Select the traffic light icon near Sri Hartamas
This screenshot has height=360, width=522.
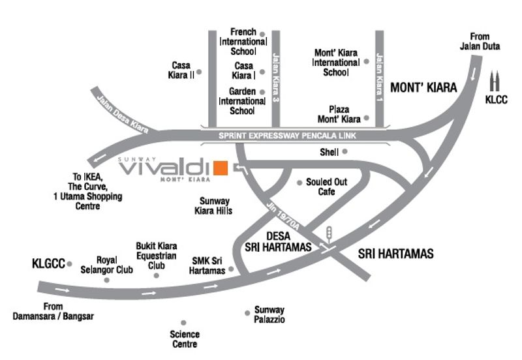point(330,233)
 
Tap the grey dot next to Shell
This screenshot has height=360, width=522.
point(345,152)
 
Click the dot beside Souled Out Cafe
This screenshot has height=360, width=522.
point(299,182)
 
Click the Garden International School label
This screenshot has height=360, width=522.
point(241,101)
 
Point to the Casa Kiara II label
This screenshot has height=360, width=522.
point(183,70)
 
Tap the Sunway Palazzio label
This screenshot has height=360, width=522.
point(269,315)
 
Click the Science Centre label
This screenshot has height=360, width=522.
point(184,339)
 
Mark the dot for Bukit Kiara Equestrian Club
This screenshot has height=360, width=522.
point(156,275)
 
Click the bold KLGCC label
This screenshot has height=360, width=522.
point(49,264)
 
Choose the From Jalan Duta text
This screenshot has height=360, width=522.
point(478,42)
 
